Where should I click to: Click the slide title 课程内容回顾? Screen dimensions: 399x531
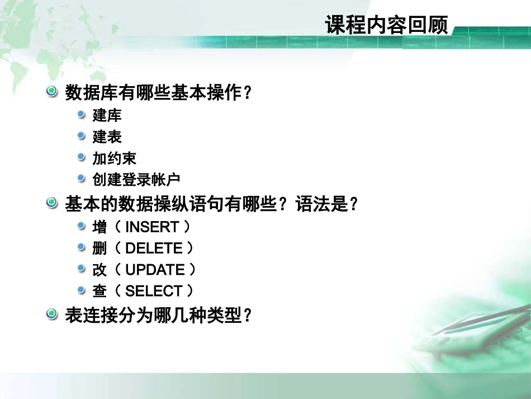(386, 25)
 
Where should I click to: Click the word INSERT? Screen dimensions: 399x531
(152, 227)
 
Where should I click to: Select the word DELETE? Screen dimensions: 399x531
(154, 248)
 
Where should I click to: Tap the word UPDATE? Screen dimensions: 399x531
(155, 270)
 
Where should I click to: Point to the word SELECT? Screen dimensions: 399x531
(154, 291)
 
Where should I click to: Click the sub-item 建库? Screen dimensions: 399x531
(107, 116)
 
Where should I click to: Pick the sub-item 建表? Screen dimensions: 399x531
(107, 137)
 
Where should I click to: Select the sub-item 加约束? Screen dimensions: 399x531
(114, 158)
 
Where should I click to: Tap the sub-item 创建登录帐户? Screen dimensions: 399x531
(136, 180)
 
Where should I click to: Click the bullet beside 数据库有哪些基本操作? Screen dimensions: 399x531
(52, 91)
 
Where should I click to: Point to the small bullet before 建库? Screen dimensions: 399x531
(82, 115)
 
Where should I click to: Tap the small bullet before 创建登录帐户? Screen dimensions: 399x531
(82, 179)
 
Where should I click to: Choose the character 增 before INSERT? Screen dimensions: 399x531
(99, 227)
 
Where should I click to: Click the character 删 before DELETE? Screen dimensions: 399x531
(99, 248)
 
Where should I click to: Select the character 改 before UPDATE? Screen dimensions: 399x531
(99, 270)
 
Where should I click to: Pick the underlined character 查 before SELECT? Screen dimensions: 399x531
(99, 291)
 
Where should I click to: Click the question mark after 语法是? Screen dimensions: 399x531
(353, 204)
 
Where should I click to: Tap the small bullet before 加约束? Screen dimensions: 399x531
(82, 157)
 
